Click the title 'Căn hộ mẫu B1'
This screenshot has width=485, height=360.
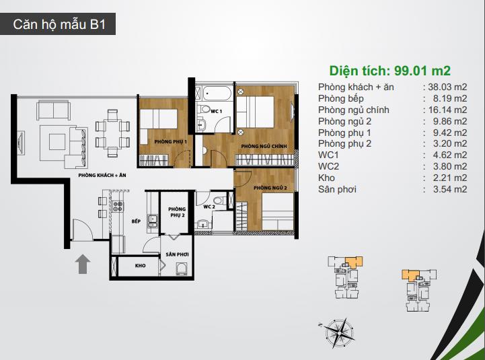60,26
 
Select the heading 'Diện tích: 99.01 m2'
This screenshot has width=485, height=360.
389,70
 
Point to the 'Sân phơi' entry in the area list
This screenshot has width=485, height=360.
338,190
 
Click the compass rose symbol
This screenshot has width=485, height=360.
338,332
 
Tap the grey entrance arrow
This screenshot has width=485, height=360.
83,264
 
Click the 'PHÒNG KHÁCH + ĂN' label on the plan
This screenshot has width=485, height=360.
102,175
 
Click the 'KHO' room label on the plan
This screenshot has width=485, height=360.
140,266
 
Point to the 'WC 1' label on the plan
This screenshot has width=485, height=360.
217,110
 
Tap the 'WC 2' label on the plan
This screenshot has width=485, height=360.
209,207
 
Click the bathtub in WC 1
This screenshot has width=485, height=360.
213,92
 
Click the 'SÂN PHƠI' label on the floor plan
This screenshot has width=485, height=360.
177,256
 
